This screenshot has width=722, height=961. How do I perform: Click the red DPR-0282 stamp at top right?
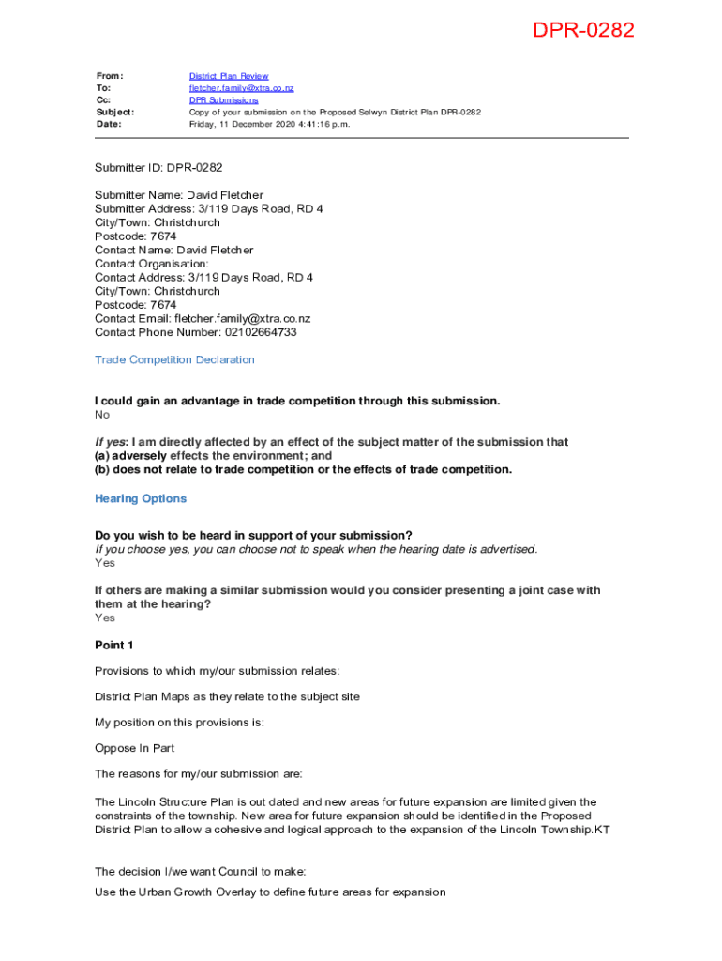(x=583, y=31)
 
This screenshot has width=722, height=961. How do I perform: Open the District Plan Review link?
(x=229, y=76)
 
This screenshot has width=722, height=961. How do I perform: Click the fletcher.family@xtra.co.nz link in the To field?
(x=241, y=88)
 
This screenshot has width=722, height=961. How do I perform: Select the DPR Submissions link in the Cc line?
(x=223, y=99)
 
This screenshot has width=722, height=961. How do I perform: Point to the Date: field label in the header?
(x=109, y=124)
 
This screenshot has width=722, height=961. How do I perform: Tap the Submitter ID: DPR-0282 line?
(x=158, y=168)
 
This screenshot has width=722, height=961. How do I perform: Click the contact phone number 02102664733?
(x=261, y=332)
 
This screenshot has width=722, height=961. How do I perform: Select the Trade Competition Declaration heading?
(x=174, y=359)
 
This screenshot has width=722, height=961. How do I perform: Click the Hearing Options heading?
(x=141, y=498)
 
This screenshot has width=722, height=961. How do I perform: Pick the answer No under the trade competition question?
(x=102, y=415)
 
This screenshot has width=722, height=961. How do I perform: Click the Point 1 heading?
(x=114, y=646)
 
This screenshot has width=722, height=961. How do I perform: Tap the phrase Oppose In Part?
(x=135, y=748)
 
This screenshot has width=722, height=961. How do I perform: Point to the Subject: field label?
(x=114, y=112)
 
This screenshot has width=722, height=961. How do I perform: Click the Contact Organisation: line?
(x=152, y=264)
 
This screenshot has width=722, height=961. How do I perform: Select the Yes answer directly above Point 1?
(x=105, y=618)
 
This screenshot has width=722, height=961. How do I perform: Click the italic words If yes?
(x=112, y=442)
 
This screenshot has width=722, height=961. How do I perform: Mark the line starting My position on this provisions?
(x=179, y=723)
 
